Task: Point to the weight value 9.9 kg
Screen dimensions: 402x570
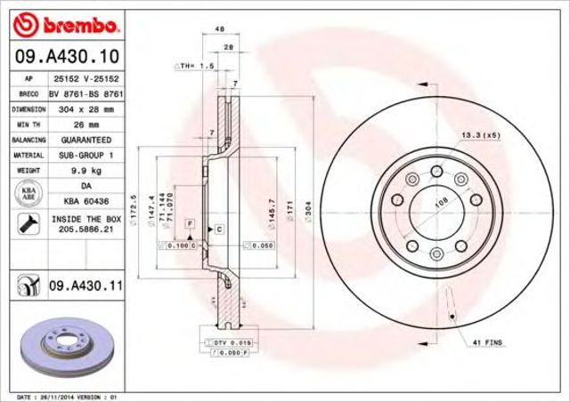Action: (85, 169)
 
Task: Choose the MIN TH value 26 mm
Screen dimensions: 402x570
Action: (85, 124)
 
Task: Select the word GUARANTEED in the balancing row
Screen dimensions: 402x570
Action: (85, 140)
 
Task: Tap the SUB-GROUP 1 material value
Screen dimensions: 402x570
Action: (85, 155)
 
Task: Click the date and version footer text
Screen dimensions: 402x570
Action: (69, 396)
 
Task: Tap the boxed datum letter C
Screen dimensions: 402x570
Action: (218, 229)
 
